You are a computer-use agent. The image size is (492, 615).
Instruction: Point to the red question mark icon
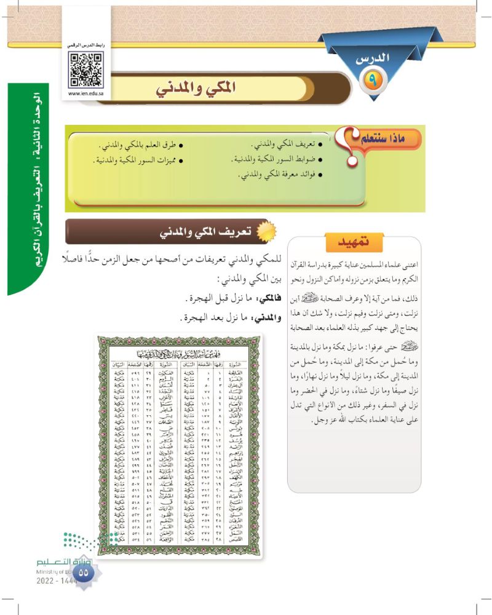pyautogui.click(x=349, y=143)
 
